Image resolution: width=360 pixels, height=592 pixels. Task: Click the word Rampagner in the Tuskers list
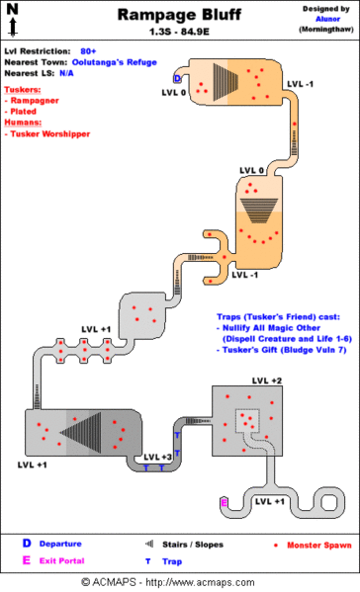35,99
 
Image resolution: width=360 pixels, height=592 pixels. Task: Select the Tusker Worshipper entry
50,133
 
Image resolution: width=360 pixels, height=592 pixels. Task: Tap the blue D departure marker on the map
177,78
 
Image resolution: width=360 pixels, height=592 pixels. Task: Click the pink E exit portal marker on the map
224,503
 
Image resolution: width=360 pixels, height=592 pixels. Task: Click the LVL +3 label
158,457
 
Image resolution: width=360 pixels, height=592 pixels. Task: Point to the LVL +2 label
266,381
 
